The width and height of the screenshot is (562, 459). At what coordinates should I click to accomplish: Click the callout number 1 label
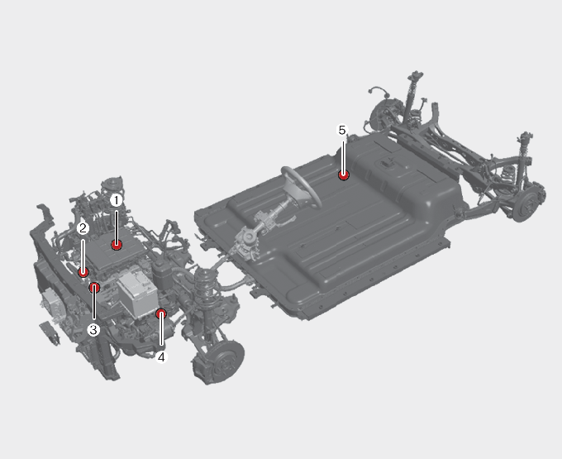tap(116, 200)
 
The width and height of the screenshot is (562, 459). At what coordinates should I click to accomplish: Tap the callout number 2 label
tap(83, 228)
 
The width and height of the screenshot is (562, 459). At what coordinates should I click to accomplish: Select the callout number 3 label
tap(93, 329)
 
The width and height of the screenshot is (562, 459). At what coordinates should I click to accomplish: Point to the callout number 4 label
tap(161, 357)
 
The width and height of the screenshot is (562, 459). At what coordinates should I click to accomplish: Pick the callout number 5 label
tap(342, 130)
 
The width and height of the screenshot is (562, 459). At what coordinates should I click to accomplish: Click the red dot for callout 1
tap(117, 246)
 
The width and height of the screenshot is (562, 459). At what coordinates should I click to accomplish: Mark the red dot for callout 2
tap(83, 273)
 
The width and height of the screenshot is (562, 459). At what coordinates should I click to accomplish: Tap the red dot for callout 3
tap(94, 287)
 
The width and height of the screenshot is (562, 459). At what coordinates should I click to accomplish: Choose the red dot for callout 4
tap(161, 314)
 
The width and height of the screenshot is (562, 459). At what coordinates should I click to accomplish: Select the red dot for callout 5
tap(344, 175)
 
